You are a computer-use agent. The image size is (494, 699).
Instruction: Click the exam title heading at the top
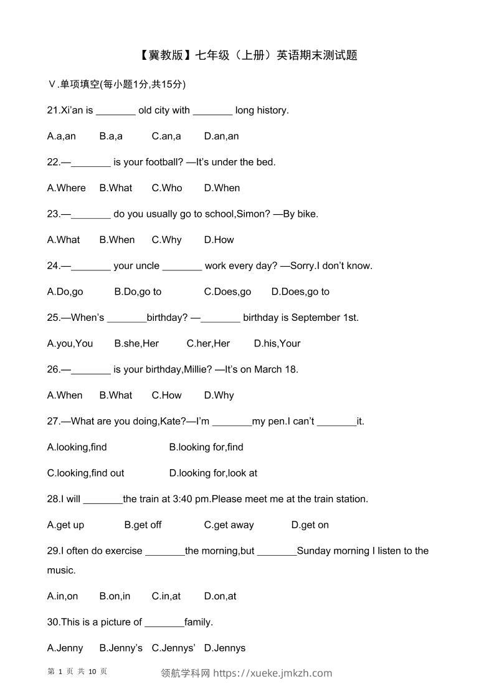point(247,55)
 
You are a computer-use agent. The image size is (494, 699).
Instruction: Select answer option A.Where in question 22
point(67,188)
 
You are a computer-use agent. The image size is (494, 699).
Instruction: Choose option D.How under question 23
point(219,239)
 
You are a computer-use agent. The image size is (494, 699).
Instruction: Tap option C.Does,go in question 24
point(227,292)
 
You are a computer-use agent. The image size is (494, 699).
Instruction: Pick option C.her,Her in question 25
point(208,343)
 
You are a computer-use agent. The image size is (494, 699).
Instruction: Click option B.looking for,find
point(206,447)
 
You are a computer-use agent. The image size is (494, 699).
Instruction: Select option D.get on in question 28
point(310,525)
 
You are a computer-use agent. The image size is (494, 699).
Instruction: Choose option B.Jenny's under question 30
point(121,648)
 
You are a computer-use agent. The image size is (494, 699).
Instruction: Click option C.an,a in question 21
point(166,136)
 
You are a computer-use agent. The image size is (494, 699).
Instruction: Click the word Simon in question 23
point(254,214)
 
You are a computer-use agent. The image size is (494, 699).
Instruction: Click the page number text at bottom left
point(77,671)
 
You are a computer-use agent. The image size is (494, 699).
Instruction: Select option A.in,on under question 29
point(62,596)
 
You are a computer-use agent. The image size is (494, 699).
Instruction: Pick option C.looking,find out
point(85,473)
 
